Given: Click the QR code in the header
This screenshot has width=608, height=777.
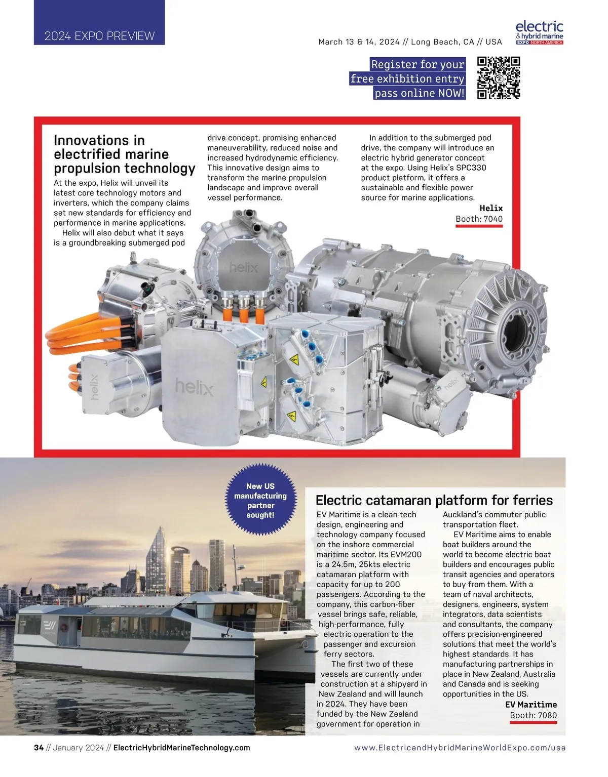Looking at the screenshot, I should [x=499, y=77].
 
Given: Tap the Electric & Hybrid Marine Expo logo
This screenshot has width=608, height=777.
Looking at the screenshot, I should [x=540, y=33].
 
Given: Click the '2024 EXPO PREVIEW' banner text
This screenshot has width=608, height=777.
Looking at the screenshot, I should [x=99, y=36].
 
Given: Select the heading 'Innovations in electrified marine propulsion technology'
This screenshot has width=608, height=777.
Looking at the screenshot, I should [x=124, y=154].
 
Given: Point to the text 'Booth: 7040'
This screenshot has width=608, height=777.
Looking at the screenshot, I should [x=479, y=219].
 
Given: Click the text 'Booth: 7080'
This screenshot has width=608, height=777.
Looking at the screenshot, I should [x=533, y=715].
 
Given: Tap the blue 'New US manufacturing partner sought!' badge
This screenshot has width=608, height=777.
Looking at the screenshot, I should [x=260, y=501].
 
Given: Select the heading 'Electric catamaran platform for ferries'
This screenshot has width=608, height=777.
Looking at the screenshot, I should [x=434, y=500].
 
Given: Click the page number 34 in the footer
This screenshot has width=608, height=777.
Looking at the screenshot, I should [x=39, y=748].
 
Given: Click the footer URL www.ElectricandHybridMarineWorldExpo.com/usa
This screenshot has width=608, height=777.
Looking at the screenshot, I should [x=460, y=748].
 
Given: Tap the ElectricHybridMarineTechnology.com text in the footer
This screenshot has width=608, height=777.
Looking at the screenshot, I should [x=181, y=748].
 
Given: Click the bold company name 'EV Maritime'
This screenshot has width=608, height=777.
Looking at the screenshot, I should [x=530, y=705].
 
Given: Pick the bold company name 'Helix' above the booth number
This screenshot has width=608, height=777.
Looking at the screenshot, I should [x=491, y=208].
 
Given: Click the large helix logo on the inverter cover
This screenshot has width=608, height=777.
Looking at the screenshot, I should [x=195, y=387].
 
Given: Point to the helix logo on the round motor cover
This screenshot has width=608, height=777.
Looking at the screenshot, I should [x=244, y=267].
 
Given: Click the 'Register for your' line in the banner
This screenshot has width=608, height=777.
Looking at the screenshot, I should [x=417, y=64].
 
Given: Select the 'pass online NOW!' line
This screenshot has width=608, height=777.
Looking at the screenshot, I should [x=420, y=93].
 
